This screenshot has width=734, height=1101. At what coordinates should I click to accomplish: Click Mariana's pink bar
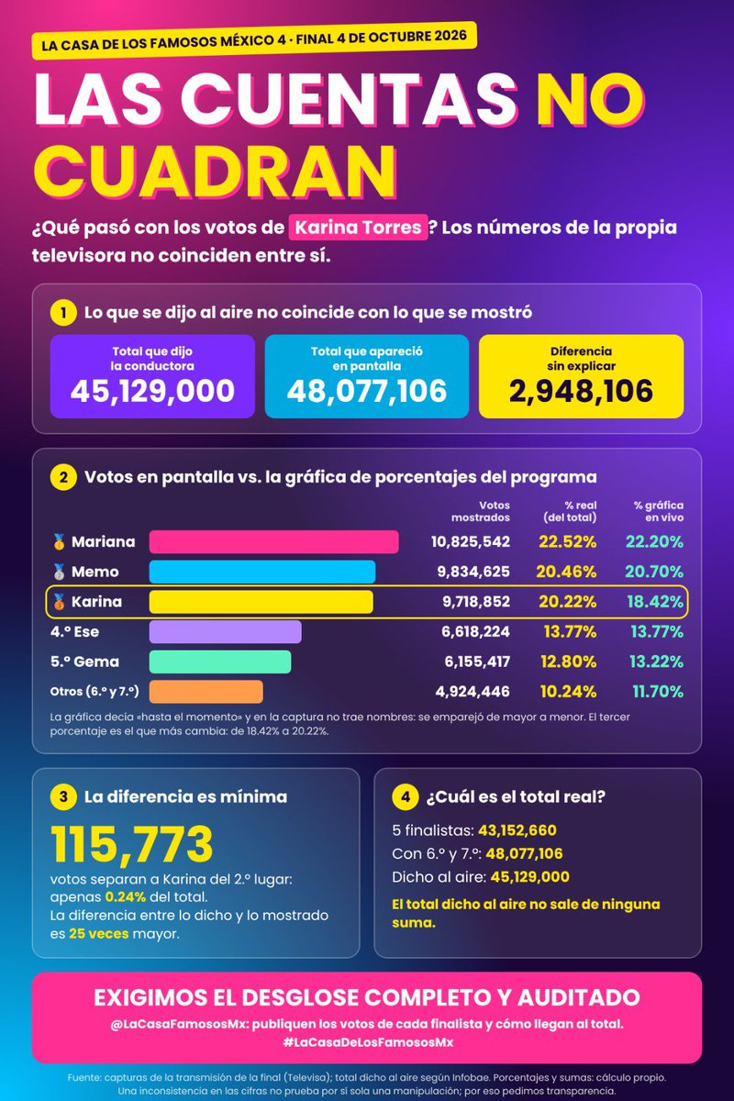tap(273, 541)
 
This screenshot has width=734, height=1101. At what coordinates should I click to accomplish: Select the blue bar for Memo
tap(262, 572)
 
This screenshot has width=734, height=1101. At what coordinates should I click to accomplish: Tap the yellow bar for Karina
tap(261, 602)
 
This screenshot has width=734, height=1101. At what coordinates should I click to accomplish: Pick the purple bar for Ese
tap(225, 631)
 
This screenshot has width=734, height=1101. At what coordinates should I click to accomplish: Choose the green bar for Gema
tap(220, 662)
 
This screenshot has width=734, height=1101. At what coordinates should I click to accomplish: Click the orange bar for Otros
tap(206, 692)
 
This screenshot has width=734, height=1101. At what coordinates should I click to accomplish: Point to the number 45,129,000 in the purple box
tap(152, 391)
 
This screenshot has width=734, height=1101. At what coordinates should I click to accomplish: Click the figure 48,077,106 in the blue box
tap(367, 391)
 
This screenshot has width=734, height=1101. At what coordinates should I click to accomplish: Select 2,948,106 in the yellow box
tap(581, 391)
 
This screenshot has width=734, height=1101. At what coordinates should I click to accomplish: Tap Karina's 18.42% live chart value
tap(655, 602)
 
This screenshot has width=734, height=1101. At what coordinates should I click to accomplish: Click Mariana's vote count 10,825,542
tap(471, 541)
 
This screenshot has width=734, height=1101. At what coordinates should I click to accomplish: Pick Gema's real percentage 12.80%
tap(568, 662)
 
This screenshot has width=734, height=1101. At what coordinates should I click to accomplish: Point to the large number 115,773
tap(132, 844)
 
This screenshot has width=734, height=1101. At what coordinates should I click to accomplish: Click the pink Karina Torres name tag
tap(358, 228)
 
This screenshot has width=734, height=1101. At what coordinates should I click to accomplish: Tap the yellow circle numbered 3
tap(63, 796)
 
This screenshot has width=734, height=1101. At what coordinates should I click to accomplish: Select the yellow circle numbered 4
tap(406, 796)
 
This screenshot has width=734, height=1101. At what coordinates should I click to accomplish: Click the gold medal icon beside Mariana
tap(59, 541)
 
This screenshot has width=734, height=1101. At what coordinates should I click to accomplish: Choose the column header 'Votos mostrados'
tap(481, 511)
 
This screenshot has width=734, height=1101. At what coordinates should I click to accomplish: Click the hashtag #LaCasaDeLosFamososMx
tap(368, 1042)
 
